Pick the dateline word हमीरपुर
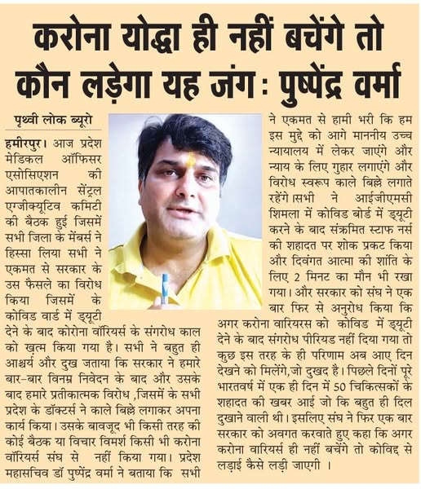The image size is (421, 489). [x=29, y=142]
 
